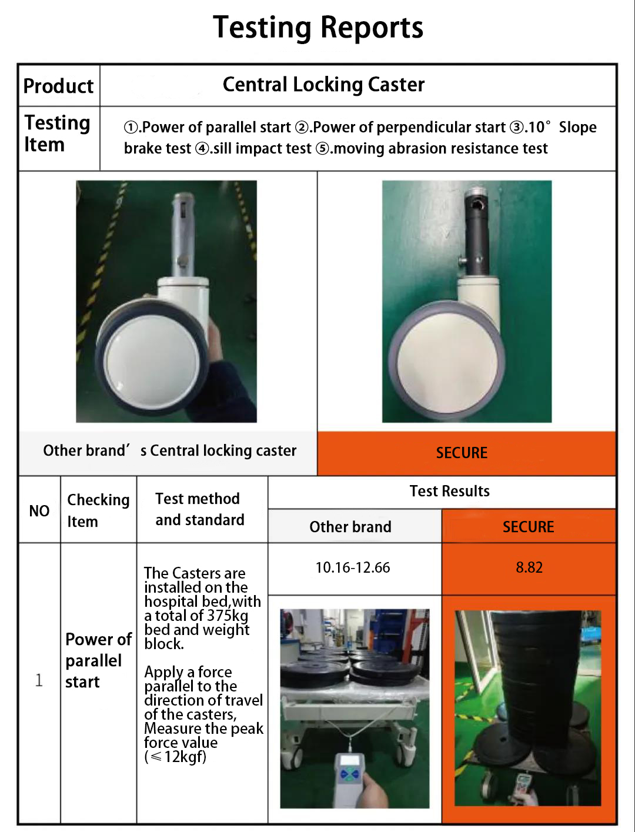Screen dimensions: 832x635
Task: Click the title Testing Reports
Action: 318,28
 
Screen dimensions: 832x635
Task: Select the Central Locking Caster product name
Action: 323,85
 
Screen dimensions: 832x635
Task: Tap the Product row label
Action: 58,86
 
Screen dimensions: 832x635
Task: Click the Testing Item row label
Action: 56,133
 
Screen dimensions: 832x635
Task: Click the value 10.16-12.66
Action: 353,567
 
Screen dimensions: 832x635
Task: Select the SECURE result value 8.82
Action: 529,567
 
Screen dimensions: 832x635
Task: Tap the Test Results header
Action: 449,491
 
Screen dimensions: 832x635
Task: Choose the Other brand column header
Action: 350,527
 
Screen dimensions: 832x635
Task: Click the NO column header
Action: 39,510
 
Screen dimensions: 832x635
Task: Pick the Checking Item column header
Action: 98,510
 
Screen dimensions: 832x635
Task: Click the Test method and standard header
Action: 199,509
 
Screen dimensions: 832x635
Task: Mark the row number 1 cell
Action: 39,680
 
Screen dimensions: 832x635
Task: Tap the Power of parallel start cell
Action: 98,660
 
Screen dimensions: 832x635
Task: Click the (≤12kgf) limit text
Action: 175,757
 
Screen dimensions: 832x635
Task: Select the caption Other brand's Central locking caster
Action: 169,451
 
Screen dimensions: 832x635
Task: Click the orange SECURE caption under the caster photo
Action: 462,453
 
